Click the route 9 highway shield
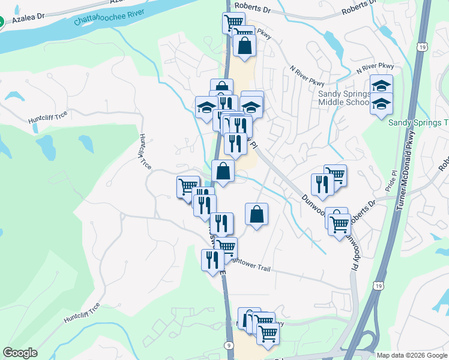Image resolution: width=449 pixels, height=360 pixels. pyautogui.click(x=230, y=345)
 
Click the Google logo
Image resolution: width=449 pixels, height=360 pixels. pyautogui.click(x=20, y=353)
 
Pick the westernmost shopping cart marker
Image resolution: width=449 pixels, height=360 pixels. pyautogui.click(x=188, y=186)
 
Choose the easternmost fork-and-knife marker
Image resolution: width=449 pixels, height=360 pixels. pyautogui.click(x=322, y=184)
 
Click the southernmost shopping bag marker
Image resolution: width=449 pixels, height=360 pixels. pyautogui.click(x=256, y=214)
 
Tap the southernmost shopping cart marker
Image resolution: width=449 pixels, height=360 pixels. pyautogui.click(x=268, y=333)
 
